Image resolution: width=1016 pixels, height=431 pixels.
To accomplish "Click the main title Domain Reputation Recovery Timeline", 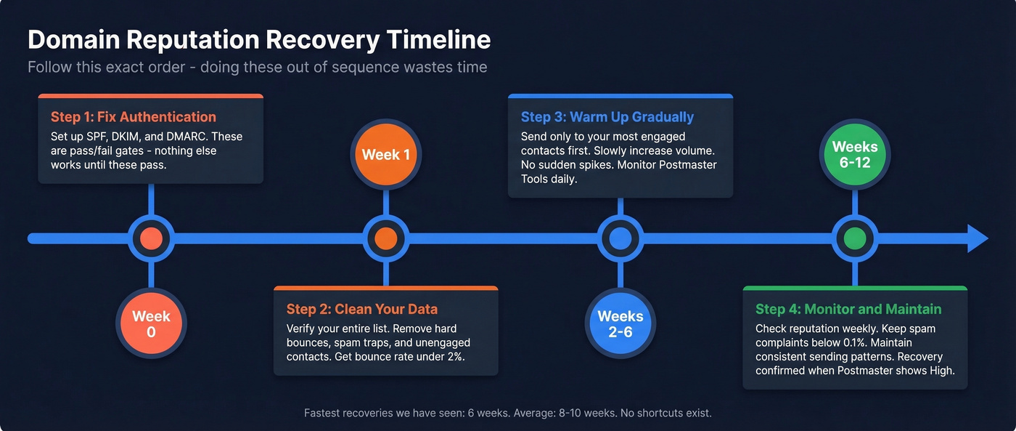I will [x=259, y=39].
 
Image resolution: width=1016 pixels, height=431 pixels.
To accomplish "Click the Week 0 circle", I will [x=151, y=324].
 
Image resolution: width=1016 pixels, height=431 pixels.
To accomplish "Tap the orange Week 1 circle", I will [x=385, y=155].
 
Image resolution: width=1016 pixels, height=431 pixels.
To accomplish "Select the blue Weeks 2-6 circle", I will [x=620, y=324].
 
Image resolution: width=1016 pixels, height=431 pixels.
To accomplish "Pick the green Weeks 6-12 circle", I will [x=854, y=155].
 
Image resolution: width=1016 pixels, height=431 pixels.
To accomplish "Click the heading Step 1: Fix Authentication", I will [x=134, y=117].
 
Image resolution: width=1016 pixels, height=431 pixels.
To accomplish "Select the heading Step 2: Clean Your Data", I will [x=361, y=309].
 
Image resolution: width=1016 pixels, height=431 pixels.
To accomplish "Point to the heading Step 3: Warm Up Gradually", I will [x=607, y=117].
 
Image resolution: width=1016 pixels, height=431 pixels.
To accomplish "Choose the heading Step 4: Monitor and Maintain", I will [x=848, y=309].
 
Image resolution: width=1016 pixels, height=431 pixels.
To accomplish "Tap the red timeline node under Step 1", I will [x=151, y=238].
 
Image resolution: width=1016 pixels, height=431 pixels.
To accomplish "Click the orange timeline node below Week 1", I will [x=385, y=238].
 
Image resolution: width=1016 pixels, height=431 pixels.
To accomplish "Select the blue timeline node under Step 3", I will [x=620, y=238].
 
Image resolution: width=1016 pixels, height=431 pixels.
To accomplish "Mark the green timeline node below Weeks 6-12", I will [x=854, y=238].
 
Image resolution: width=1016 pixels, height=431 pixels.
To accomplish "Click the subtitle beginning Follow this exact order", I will [x=257, y=67].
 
